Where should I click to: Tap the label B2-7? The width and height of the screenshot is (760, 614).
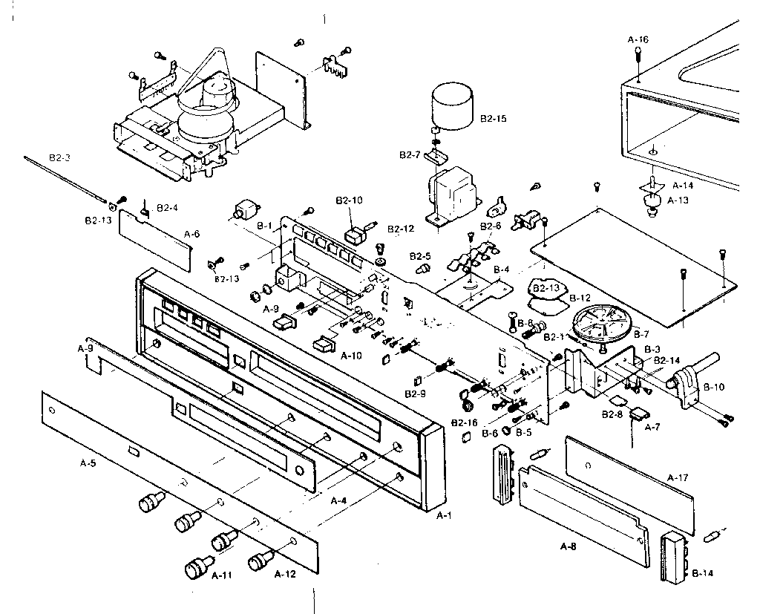tap(410, 154)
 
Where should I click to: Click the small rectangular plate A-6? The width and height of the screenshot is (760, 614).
tap(158, 238)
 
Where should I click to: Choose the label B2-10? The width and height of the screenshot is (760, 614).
tap(348, 200)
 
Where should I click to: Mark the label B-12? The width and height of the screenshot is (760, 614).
tap(580, 298)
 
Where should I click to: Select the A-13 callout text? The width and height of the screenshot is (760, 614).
tap(678, 200)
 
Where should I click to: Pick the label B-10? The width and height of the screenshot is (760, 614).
tap(713, 387)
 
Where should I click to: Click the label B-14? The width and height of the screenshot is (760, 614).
tap(703, 573)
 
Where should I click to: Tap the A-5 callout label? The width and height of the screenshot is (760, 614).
tap(89, 464)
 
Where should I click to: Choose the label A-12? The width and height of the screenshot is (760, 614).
tap(286, 574)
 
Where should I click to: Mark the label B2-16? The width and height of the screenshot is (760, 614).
tap(463, 422)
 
